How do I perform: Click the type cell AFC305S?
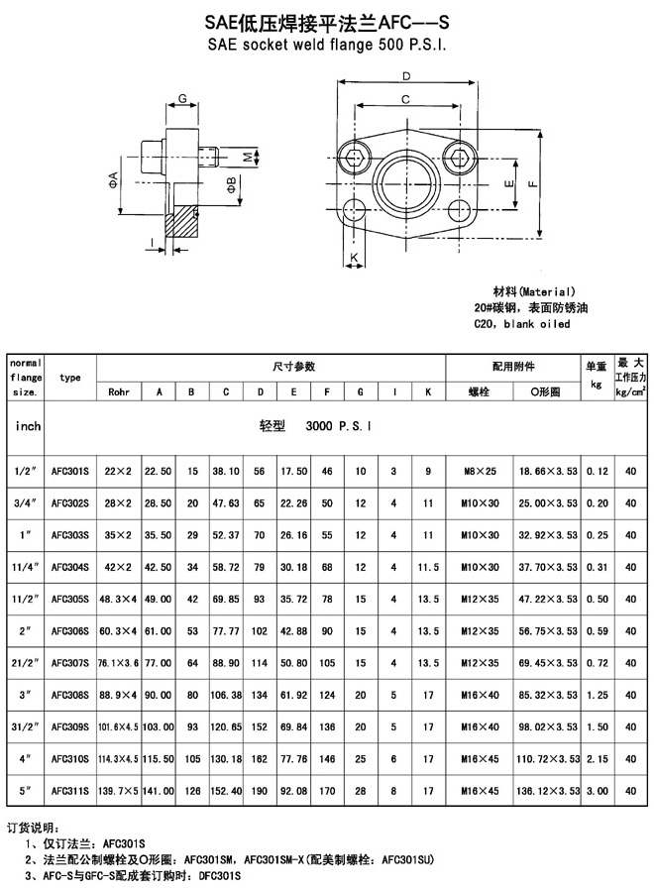69,600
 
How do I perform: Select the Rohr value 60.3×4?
118,631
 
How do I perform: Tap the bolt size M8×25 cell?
480,471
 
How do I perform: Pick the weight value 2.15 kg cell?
597,759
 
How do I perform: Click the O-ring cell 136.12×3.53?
547,791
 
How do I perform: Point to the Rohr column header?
119,391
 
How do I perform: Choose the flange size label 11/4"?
25,567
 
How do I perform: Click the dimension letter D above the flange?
405,76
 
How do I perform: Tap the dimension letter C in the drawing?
405,100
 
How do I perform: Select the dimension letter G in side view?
182,98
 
